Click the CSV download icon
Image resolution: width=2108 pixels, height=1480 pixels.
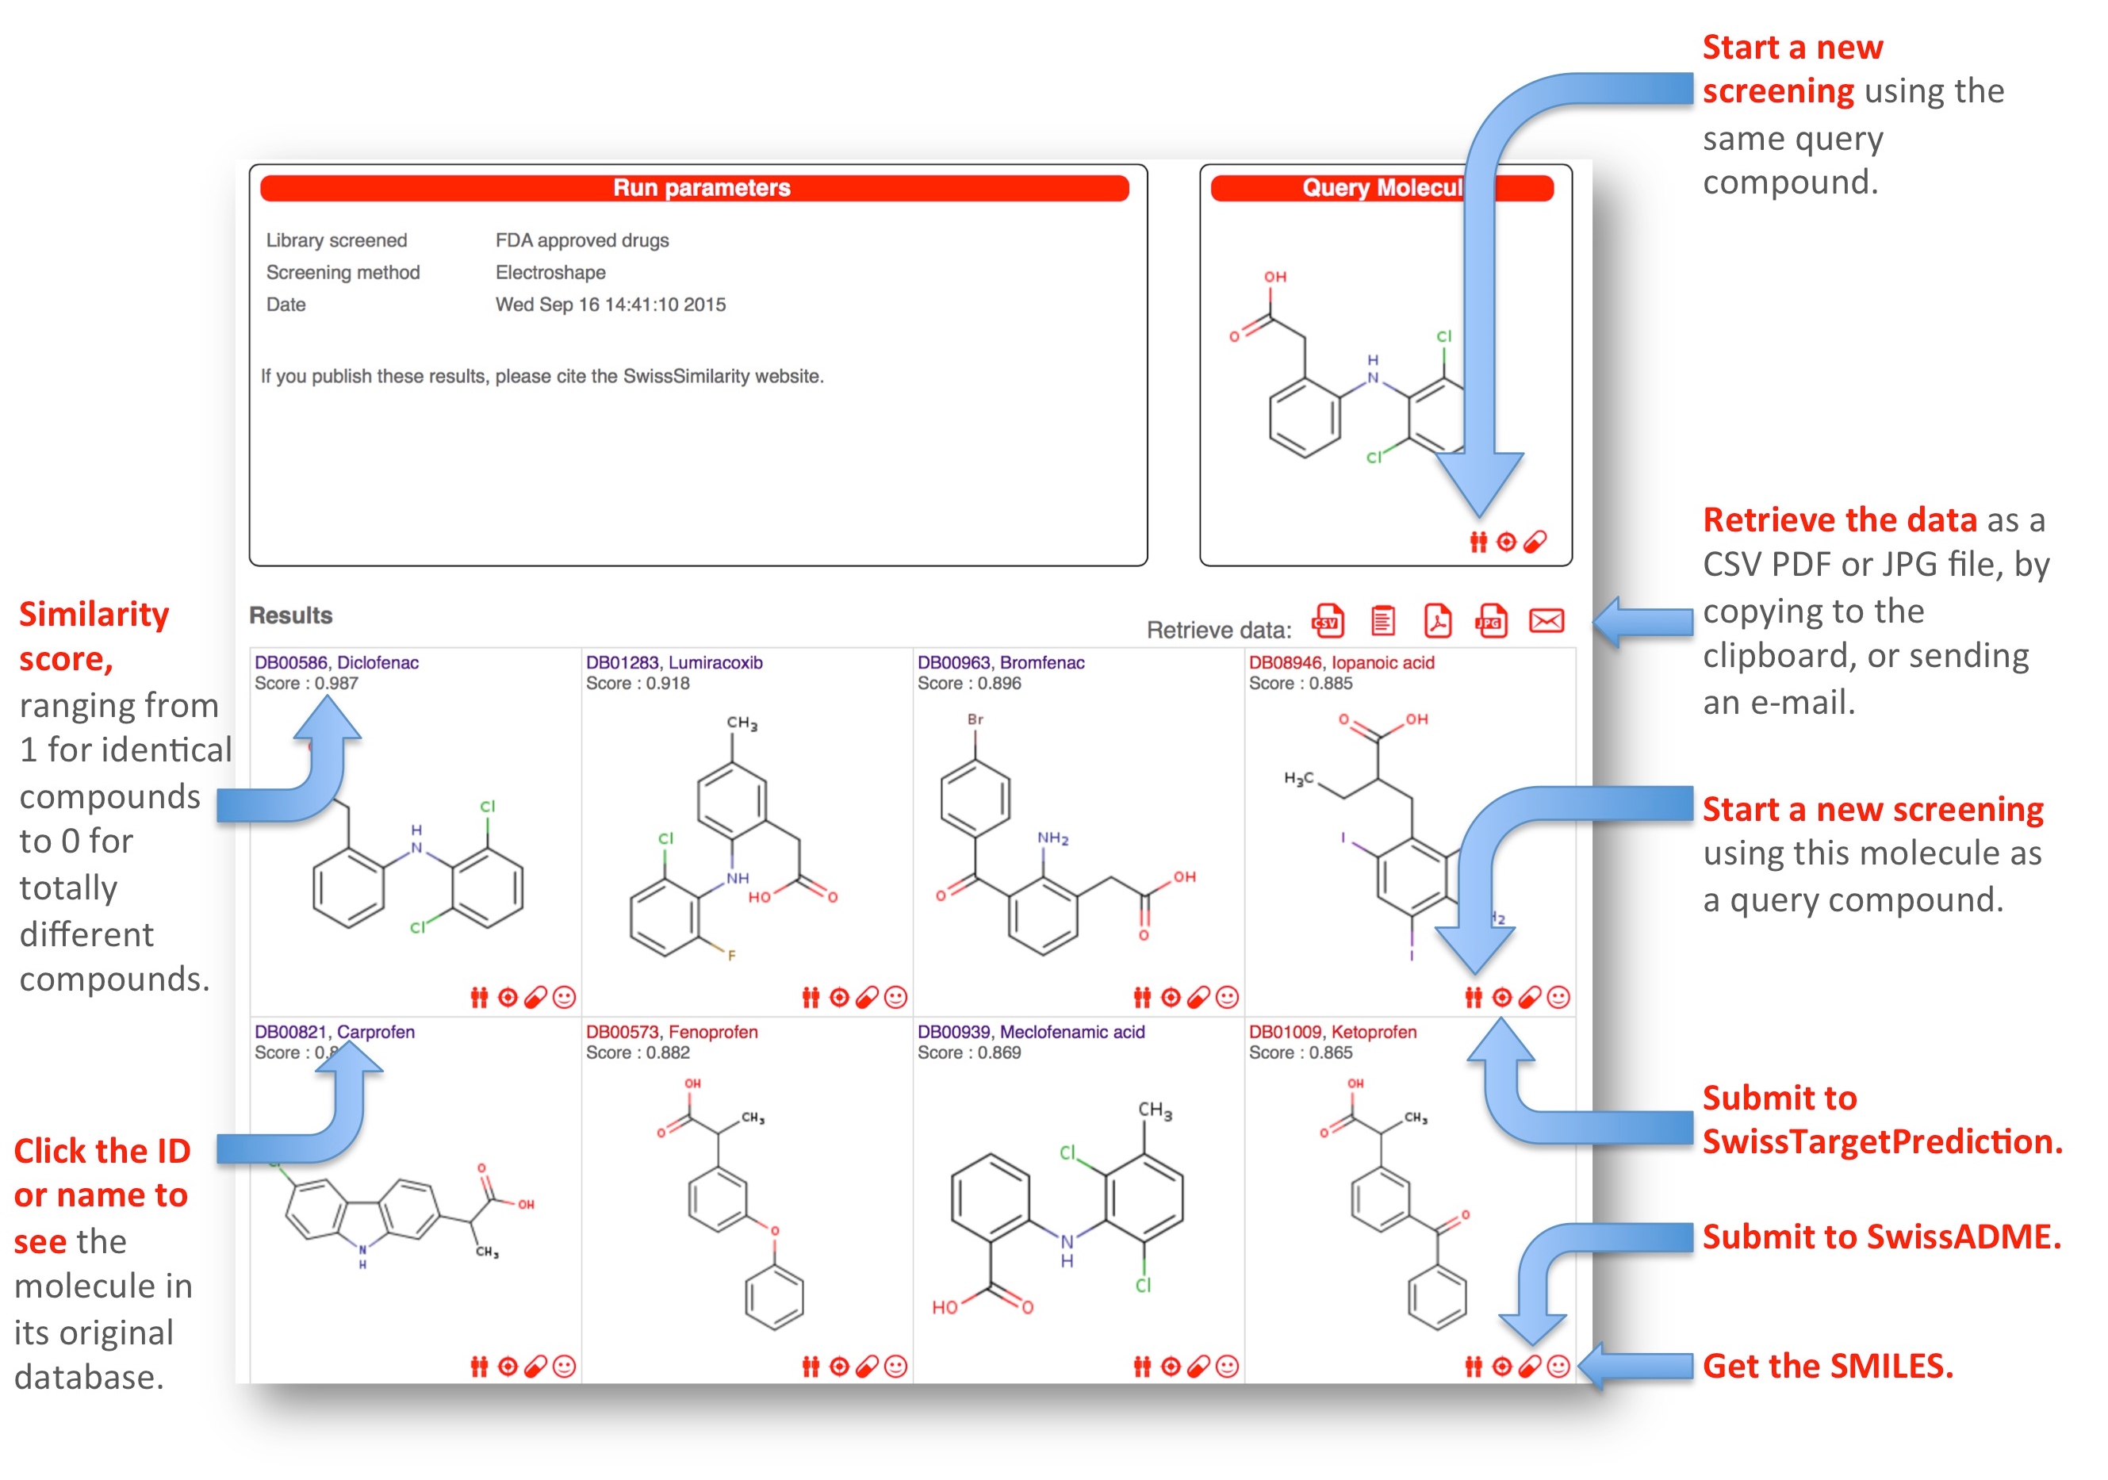pos(1327,622)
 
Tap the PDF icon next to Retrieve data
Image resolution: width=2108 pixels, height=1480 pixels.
pos(1437,622)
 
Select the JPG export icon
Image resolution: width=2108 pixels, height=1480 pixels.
pos(1491,622)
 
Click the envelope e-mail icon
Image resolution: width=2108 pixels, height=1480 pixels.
pos(1547,622)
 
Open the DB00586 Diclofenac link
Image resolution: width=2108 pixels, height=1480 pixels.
pos(336,663)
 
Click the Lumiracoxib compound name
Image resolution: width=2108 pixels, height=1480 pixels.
pos(715,663)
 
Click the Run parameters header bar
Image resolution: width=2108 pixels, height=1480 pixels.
pos(694,188)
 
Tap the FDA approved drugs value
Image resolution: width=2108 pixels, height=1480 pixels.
pos(582,240)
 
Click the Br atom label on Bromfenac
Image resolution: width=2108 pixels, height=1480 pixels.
pos(975,720)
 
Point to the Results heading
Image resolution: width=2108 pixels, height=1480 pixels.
pos(290,615)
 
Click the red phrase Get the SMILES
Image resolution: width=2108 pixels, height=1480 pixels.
pos(1827,1366)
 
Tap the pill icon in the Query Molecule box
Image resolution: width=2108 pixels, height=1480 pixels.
pos(1534,543)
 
